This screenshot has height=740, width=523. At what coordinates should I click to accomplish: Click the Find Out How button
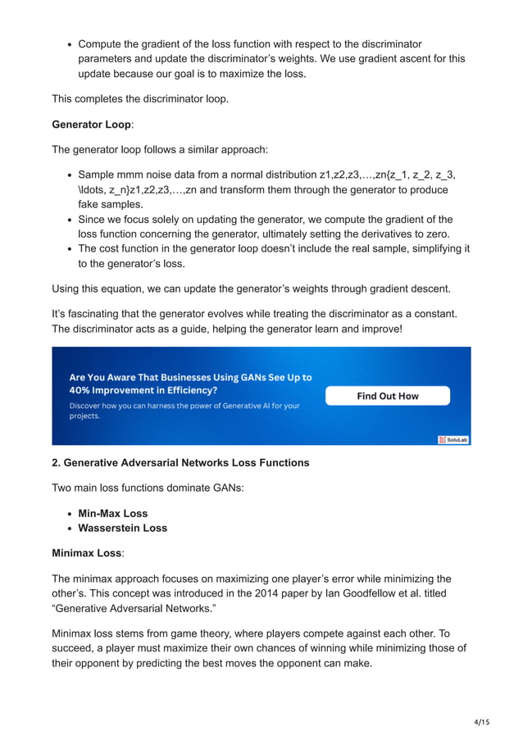(387, 396)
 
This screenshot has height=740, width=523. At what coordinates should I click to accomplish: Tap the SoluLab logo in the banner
(453, 439)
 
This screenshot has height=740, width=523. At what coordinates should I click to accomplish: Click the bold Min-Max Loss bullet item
(113, 514)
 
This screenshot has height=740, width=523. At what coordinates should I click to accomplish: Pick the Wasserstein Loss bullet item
(122, 529)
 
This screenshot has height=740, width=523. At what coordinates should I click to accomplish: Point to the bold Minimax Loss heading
(86, 554)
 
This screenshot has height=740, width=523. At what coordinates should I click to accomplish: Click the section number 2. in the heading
(57, 463)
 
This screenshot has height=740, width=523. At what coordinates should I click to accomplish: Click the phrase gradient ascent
(394, 59)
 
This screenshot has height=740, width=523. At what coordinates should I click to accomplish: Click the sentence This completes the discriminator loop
(139, 99)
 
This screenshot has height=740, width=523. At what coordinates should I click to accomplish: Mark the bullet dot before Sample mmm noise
(70, 175)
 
